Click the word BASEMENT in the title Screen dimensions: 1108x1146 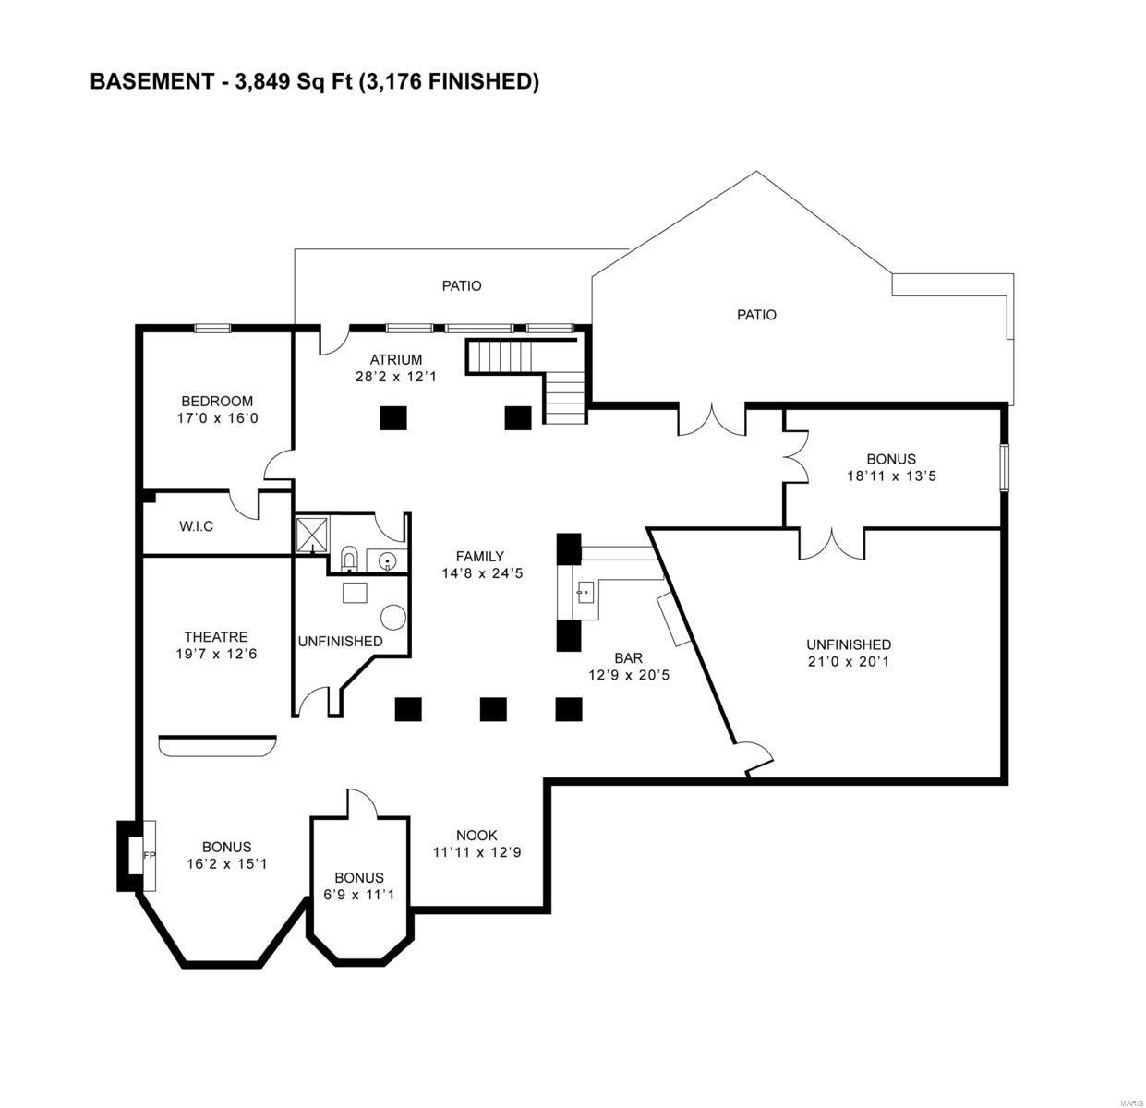click(151, 82)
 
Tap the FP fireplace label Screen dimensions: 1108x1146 click(149, 856)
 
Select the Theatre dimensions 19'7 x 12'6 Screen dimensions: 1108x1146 click(215, 655)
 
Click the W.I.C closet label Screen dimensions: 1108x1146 click(196, 526)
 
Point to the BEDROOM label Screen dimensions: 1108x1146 click(217, 402)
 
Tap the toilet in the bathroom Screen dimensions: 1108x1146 click(350, 557)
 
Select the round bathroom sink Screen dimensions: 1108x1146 click(386, 559)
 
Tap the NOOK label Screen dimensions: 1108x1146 click(476, 836)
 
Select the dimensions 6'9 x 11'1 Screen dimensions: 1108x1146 click(359, 895)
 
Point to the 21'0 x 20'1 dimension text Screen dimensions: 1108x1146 click(848, 662)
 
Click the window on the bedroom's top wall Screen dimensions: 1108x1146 click(211, 327)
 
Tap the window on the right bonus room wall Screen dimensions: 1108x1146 click(1006, 466)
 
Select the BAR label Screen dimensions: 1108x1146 click(629, 658)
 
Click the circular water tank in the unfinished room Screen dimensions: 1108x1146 click(394, 618)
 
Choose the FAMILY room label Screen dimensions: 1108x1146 click(480, 556)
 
